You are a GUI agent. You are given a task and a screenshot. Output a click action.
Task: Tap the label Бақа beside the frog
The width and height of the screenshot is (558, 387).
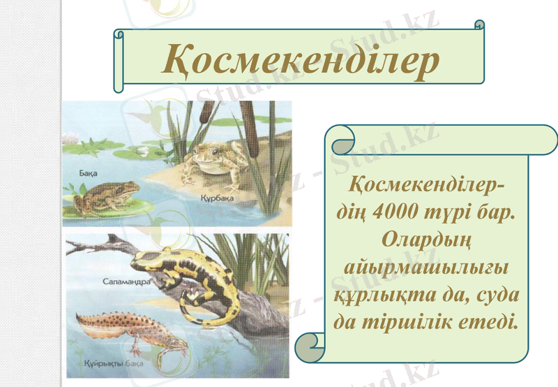87,172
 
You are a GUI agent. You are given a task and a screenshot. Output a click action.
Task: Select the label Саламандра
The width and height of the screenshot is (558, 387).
126,282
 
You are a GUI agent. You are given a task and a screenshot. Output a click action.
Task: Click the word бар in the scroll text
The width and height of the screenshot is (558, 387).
493,213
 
